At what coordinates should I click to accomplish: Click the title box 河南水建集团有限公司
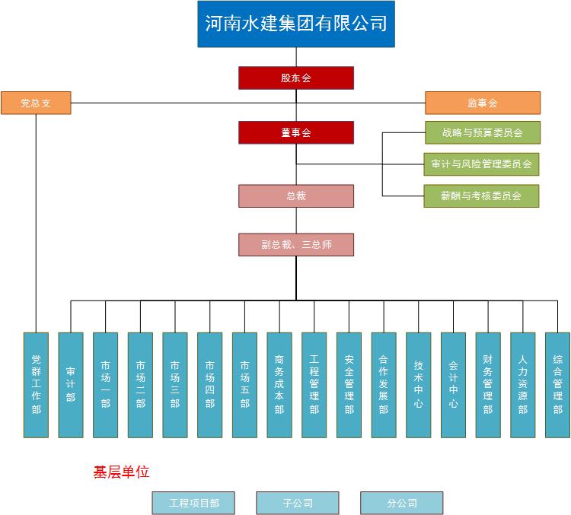point(296,24)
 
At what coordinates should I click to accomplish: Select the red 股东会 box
point(296,78)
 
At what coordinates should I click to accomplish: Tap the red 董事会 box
point(296,132)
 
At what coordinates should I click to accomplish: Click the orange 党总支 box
point(36,103)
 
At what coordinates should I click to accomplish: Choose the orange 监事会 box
point(482,103)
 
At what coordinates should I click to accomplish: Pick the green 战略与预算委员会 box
point(482,132)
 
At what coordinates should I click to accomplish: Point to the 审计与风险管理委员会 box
point(482,164)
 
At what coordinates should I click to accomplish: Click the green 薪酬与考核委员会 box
point(482,196)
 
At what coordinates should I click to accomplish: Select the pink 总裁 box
point(296,196)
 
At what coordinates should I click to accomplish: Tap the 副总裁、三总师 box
point(296,244)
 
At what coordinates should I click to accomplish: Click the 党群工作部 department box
point(36,384)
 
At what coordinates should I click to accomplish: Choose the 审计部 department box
point(71,384)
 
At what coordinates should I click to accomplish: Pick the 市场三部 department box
point(175,384)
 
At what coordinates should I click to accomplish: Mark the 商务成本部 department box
point(279,384)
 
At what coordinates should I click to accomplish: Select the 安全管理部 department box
point(349,384)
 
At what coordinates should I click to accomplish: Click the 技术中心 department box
point(418,384)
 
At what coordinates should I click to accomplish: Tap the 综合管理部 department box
point(557,384)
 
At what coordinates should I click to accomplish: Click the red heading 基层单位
point(121,472)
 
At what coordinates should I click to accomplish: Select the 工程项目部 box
point(193,503)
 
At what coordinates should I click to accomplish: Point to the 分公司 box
point(401,503)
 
